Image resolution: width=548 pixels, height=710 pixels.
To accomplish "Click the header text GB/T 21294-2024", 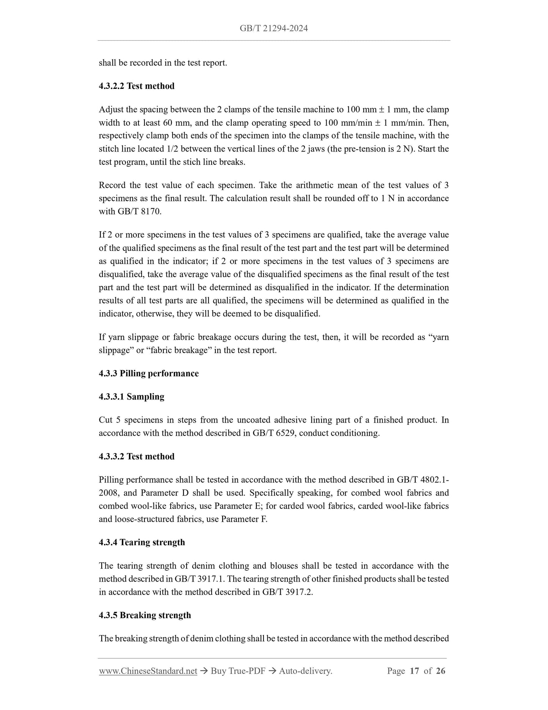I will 273,28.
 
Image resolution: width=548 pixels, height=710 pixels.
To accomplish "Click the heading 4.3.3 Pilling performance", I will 149,374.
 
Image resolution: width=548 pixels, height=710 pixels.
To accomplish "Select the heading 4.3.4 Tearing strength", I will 142,543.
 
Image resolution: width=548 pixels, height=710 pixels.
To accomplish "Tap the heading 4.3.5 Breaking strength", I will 145,615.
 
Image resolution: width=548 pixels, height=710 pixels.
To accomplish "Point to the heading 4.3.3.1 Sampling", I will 132,397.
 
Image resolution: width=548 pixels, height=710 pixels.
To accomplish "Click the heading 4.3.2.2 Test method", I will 137,86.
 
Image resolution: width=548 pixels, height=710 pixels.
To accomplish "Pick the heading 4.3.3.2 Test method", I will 137,456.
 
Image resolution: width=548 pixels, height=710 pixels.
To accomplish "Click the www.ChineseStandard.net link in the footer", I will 148,671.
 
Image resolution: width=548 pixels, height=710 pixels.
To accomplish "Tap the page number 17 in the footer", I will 415,671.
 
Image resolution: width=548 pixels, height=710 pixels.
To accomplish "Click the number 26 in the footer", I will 441,671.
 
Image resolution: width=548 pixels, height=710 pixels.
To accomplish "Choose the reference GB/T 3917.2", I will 287,592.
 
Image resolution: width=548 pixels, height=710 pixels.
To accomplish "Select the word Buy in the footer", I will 218,671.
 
